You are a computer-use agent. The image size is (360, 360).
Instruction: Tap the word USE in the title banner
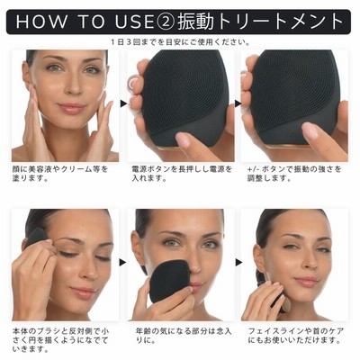(x=134, y=22)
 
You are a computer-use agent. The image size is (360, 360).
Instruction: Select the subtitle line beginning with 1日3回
(x=180, y=41)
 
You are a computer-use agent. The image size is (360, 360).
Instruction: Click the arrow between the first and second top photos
(x=123, y=103)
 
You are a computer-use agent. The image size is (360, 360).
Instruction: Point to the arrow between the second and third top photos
(x=238, y=103)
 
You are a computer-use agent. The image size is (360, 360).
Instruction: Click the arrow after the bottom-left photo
(x=122, y=263)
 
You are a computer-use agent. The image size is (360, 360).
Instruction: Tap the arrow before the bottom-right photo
(x=238, y=263)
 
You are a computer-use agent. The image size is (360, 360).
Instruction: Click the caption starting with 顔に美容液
(x=60, y=174)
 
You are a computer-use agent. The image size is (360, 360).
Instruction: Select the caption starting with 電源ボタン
(x=182, y=174)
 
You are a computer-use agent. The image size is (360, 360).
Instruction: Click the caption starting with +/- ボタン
(x=294, y=174)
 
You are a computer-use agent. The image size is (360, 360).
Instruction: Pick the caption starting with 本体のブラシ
(x=60, y=340)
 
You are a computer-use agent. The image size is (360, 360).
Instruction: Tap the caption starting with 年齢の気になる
(x=184, y=336)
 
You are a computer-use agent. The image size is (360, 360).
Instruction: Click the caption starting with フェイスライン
(x=296, y=336)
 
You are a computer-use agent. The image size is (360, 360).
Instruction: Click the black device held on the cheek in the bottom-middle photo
(x=167, y=281)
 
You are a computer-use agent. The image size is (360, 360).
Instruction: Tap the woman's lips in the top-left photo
(x=71, y=108)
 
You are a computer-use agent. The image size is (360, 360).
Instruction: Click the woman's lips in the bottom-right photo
(x=306, y=281)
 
